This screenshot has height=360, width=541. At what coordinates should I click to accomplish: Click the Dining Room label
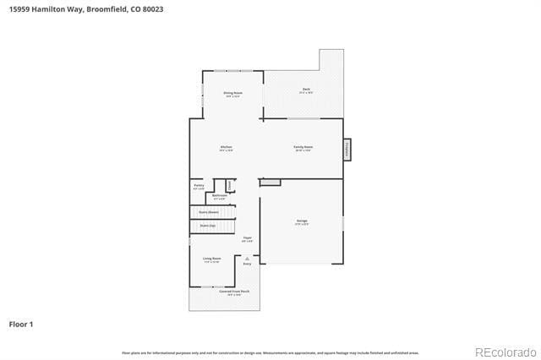(x=232, y=93)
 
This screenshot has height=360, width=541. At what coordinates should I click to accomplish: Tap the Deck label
(x=306, y=90)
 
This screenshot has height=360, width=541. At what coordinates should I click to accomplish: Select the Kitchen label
(x=227, y=147)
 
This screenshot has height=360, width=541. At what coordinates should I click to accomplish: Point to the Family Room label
(x=303, y=147)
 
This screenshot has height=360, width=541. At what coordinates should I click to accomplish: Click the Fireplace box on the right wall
(x=347, y=150)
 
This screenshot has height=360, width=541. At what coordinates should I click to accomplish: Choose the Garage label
(x=302, y=221)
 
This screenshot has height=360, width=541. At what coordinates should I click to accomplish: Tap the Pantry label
(x=199, y=185)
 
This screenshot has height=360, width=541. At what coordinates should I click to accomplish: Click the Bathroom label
(x=220, y=196)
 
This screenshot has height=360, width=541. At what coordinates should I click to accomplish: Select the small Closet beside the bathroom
(x=229, y=185)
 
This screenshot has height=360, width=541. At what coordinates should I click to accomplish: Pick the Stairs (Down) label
(x=209, y=211)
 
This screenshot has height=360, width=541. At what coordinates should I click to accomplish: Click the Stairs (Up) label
(x=207, y=226)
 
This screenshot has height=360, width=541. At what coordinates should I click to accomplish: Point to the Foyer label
(x=248, y=238)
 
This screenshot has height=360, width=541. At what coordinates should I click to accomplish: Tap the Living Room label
(x=211, y=259)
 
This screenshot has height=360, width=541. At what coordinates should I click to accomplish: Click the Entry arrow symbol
(x=248, y=258)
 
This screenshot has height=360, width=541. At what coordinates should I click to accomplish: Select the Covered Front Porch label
(x=234, y=292)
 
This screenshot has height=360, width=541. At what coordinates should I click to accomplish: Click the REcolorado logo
(x=505, y=352)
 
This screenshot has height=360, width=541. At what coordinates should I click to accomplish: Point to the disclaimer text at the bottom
(x=270, y=352)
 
